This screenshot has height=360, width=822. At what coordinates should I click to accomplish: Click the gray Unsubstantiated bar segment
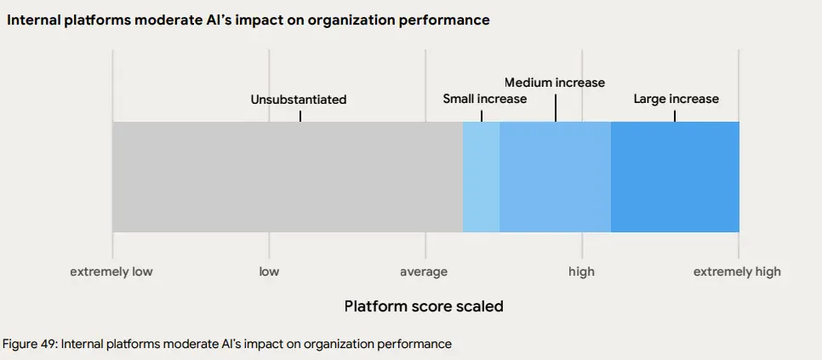pos(288,177)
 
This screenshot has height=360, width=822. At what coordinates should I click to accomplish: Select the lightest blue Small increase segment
pos(481,177)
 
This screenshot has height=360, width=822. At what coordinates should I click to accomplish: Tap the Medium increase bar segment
pos(555,177)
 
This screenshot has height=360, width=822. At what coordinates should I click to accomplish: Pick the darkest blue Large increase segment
pos(675,177)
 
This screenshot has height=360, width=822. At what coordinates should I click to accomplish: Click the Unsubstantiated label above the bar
pos(299,100)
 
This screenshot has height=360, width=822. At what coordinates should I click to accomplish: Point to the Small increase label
pos(484,99)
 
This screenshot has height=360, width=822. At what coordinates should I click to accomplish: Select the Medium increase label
pos(555,83)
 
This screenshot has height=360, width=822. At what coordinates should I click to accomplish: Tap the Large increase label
pos(676,99)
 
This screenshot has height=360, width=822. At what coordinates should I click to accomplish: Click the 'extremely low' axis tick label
pos(111,271)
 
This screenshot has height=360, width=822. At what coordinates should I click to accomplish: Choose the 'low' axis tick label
pos(269,271)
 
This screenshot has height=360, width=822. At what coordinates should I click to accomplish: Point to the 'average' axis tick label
pos(424,271)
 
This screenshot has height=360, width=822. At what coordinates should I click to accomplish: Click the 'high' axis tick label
pos(582,271)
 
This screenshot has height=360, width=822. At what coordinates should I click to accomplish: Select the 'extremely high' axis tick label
pos(737,271)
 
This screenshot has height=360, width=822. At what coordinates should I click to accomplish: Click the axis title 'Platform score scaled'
pos(424,306)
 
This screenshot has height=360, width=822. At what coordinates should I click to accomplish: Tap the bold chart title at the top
pos(248,20)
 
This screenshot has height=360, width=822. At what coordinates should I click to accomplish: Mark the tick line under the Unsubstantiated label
pos(300,115)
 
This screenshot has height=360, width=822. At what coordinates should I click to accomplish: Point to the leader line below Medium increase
pos(556,106)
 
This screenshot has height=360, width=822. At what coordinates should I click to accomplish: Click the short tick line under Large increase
pos(675,115)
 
